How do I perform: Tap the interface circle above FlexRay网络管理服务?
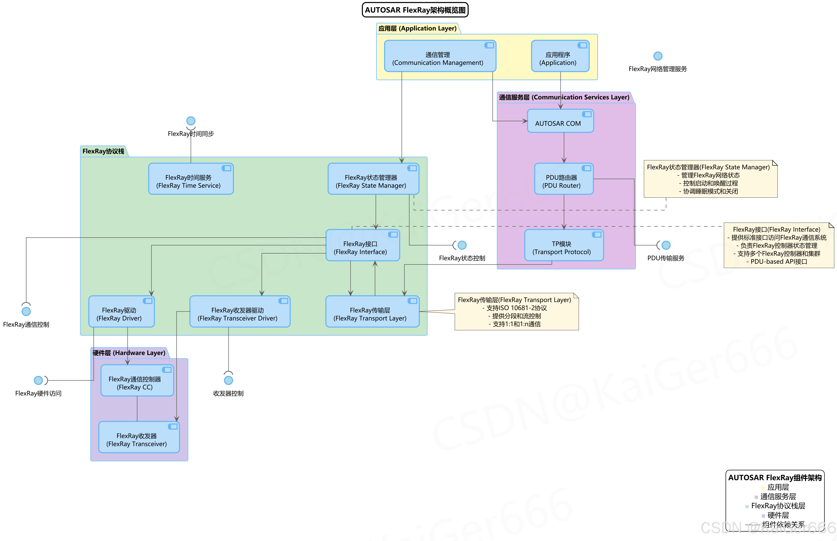click(x=657, y=56)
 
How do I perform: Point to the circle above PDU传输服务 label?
click(x=666, y=245)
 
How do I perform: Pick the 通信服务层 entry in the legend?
click(x=778, y=496)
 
